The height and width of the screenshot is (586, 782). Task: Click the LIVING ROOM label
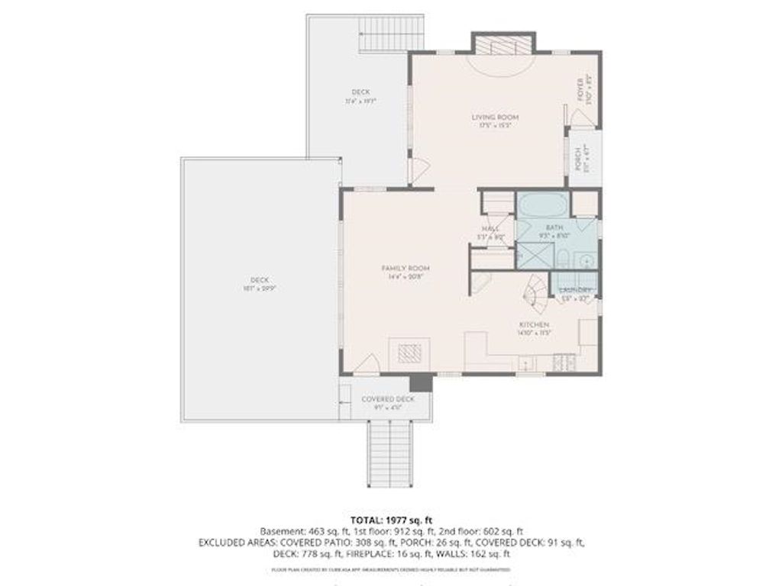pos(495,117)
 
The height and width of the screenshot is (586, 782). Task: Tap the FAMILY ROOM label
pos(406,269)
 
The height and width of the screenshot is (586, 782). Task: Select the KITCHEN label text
pos(534,325)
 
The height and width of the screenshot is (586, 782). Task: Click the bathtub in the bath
pos(541,206)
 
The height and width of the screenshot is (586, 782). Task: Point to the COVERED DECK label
pos(388,399)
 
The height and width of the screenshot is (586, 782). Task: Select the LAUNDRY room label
pos(575,291)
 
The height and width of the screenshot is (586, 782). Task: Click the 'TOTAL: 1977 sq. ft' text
pos(391,520)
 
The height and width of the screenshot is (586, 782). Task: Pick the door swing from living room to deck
pos(417,169)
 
